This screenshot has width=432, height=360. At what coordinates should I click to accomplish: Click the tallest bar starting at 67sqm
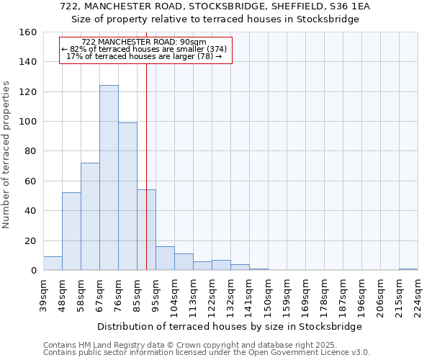coord(109,178)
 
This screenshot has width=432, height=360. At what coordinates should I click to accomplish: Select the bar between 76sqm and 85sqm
coord(127,197)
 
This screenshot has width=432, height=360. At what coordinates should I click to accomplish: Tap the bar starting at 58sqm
coord(90,217)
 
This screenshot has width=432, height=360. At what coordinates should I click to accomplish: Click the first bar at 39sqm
coord(53,264)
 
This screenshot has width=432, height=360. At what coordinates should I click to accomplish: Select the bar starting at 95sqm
coord(165,258)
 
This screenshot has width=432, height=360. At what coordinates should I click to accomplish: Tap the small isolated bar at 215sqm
coord(408,269)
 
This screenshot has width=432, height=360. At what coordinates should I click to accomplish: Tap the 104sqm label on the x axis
coord(175,295)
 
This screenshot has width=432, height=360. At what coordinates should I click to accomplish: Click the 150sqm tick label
coord(269,295)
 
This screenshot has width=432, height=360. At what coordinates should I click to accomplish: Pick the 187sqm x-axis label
coord(343,295)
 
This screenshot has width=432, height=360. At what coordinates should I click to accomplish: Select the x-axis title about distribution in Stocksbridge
coord(230,326)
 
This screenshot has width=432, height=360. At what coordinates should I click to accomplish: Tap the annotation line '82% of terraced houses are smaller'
coord(145,49)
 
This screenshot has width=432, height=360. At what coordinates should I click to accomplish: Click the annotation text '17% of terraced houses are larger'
coord(145,56)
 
